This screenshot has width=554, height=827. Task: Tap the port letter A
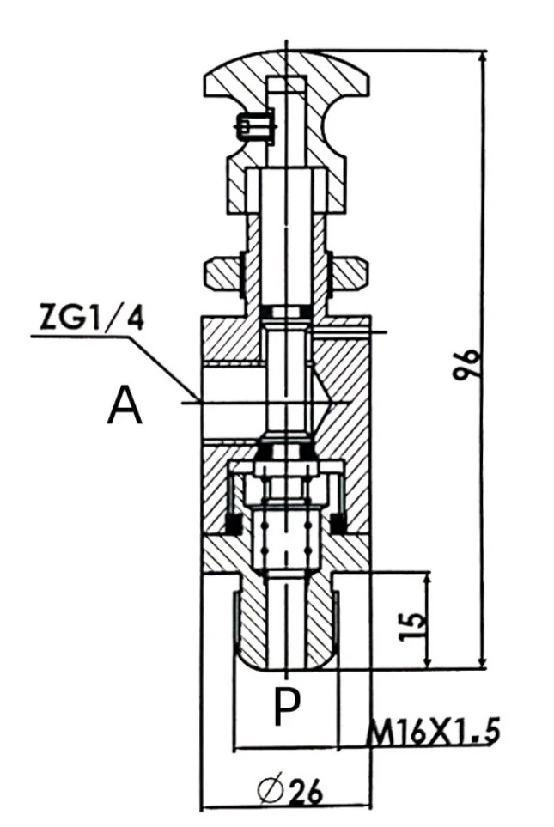(x=125, y=405)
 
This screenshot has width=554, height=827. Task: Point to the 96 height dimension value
(x=467, y=363)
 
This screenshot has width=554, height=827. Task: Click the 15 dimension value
(x=412, y=626)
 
